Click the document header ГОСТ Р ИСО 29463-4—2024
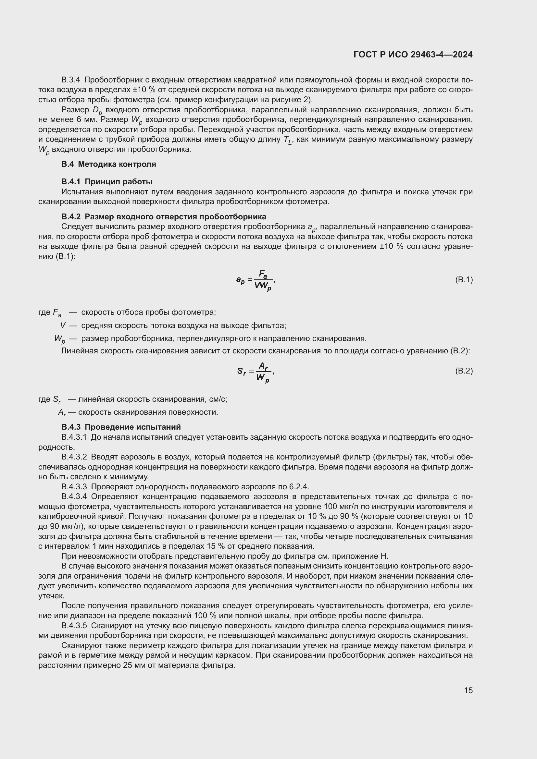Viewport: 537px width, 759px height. pos(413,55)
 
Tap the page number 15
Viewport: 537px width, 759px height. pos(468,690)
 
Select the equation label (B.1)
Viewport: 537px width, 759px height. pos(464,280)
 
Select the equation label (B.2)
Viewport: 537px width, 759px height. pos(464,371)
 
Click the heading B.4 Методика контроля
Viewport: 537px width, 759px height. pos(108,164)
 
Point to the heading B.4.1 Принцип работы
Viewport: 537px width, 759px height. pos(107,181)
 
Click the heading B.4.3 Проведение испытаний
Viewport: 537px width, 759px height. pos(121,427)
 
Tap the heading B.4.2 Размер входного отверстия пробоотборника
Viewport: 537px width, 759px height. pos(163,216)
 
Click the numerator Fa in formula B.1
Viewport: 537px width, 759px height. pos(263,275)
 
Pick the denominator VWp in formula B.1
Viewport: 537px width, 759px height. pos(263,286)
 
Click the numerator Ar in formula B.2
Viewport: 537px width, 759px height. pos(263,366)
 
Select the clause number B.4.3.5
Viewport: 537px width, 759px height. pos(74,625)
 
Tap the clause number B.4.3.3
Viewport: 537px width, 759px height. pos(74,487)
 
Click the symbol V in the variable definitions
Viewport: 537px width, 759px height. pos(62,325)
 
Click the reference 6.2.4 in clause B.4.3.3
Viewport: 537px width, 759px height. pos(299,487)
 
